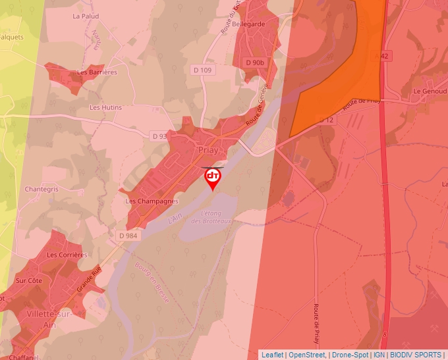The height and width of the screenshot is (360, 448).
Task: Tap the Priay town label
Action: pyautogui.click(x=208, y=151)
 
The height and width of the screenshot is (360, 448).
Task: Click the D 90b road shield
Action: pyautogui.click(x=254, y=63)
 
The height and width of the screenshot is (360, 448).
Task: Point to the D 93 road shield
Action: pyautogui.click(x=159, y=136)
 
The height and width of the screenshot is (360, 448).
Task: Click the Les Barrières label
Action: pyautogui.click(x=97, y=72)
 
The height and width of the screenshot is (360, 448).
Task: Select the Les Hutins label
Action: pyautogui.click(x=105, y=107)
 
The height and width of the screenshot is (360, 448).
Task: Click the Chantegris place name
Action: pyautogui.click(x=42, y=189)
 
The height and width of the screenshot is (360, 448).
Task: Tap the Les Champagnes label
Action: pyautogui.click(x=152, y=201)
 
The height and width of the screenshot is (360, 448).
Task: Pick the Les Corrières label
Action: pyautogui.click(x=67, y=255)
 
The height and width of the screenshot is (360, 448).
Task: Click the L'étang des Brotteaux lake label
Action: pyautogui.click(x=212, y=218)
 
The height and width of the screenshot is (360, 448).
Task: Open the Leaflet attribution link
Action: pyautogui.click(x=273, y=355)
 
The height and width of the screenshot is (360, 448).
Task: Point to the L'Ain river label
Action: pyautogui.click(x=175, y=218)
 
